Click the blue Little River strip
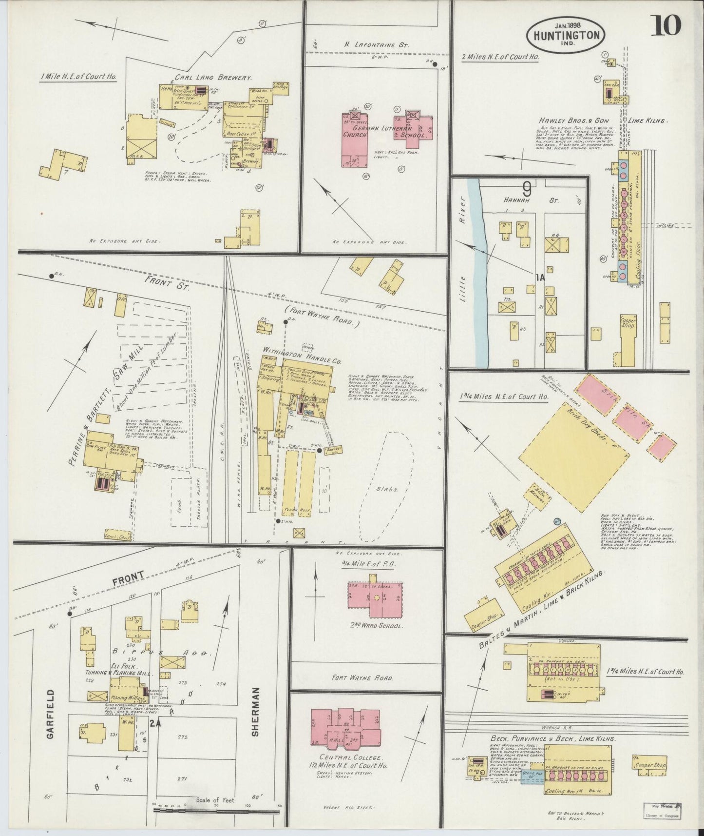click(x=481, y=273)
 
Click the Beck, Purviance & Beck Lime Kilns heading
click(x=552, y=739)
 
